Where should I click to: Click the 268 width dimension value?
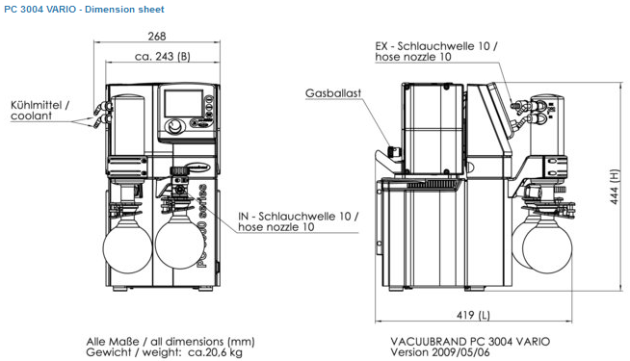click(x=157, y=37)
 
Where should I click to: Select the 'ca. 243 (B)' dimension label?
click(x=163, y=56)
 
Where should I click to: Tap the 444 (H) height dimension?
click(x=615, y=187)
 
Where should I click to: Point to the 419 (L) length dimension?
click(x=473, y=315)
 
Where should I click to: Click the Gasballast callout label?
click(x=333, y=92)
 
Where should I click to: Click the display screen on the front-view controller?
click(x=184, y=104)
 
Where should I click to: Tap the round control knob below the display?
click(x=175, y=127)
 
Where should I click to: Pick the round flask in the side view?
click(x=547, y=247)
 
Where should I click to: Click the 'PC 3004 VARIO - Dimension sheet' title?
click(x=84, y=10)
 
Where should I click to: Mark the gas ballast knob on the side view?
click(x=394, y=152)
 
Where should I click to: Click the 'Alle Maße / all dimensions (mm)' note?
click(x=171, y=342)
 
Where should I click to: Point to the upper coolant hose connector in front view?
click(x=102, y=107)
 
